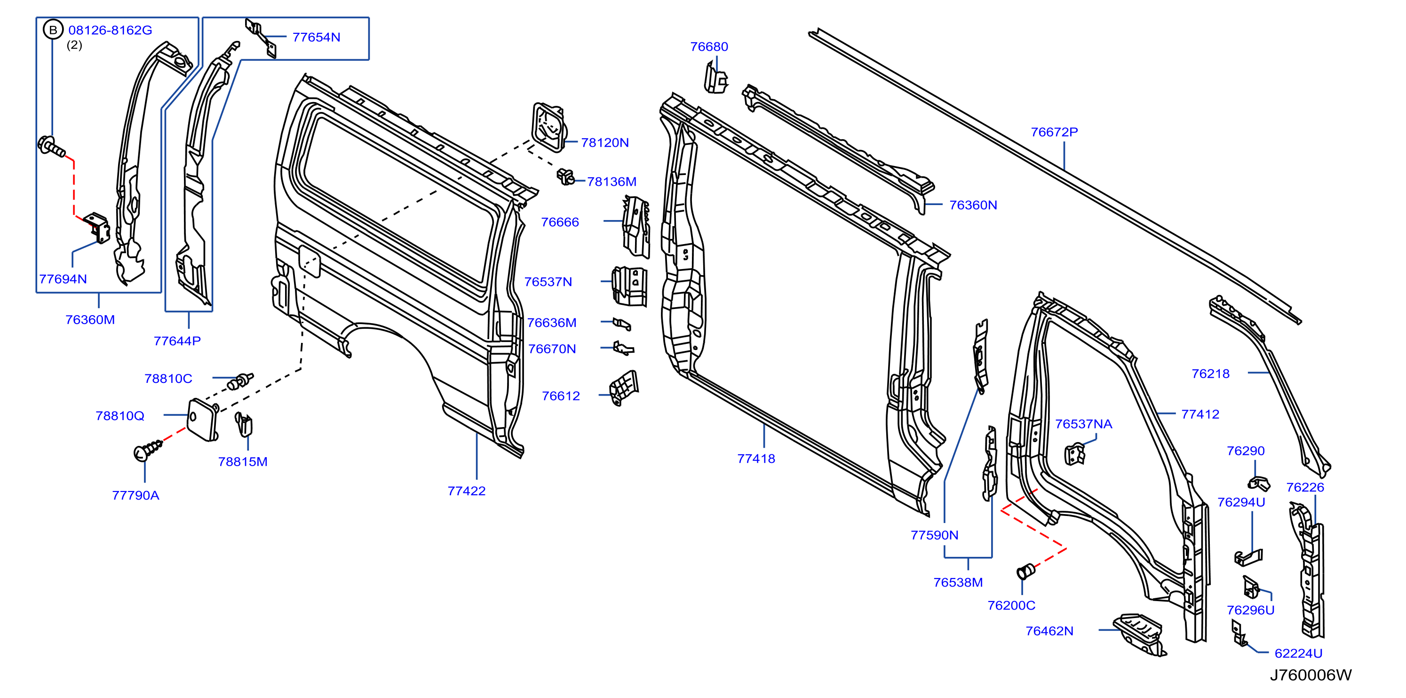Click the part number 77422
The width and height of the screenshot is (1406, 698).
pos(466,491)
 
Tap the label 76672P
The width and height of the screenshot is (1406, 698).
pos(1054,132)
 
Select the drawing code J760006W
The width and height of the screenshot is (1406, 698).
pos(1311,675)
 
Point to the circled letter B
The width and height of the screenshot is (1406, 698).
pos(53,30)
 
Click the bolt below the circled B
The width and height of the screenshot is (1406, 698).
pos(51,146)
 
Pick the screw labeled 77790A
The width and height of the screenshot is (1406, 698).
pos(148,450)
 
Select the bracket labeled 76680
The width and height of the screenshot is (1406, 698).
pos(716,78)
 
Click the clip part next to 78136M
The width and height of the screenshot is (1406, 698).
pos(565,177)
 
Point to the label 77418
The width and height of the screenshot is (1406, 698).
pos(756,459)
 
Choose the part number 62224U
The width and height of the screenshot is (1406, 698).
pos(1298,653)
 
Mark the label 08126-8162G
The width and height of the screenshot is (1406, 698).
pos(110,30)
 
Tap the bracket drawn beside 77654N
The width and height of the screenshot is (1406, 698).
pos(261,38)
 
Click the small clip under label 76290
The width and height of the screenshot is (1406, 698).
pos(1259,483)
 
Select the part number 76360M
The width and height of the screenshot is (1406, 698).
pos(90,320)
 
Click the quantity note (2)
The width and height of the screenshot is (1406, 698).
pos(74,45)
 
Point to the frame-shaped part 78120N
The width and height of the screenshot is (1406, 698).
pos(549,128)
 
